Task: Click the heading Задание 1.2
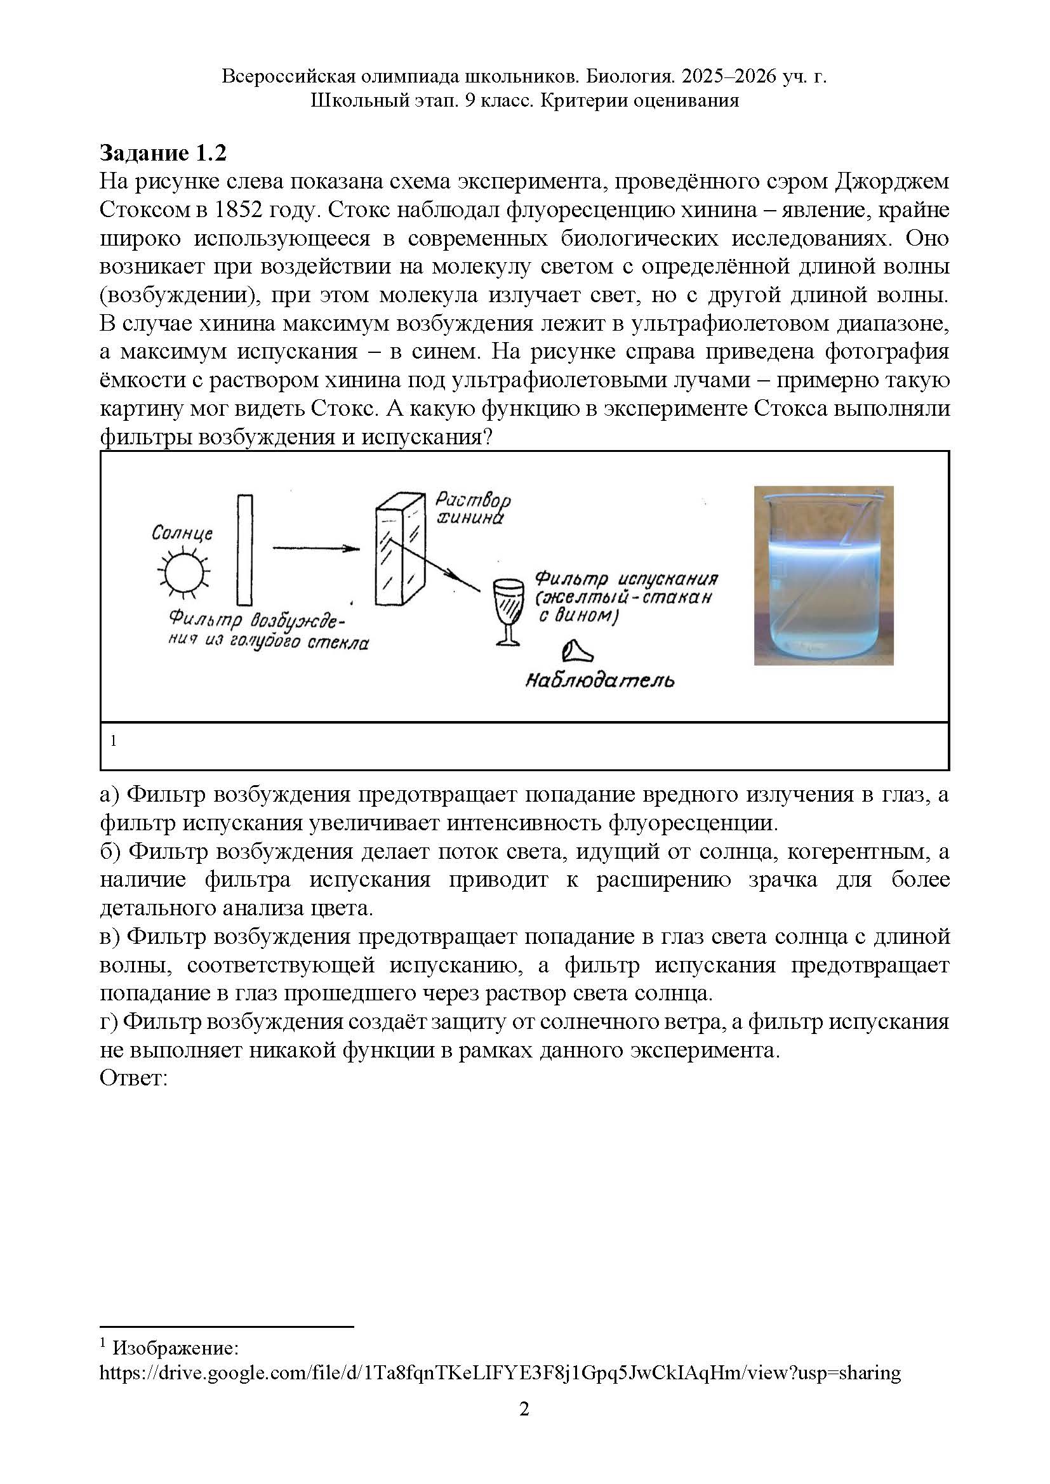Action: pyautogui.click(x=163, y=153)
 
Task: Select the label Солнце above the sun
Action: pyautogui.click(x=182, y=533)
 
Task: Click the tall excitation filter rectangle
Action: pyautogui.click(x=245, y=550)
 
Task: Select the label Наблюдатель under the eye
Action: pyautogui.click(x=599, y=680)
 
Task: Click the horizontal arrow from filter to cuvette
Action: pyautogui.click(x=316, y=549)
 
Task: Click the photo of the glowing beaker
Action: pyautogui.click(x=823, y=575)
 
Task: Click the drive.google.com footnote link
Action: pyautogui.click(x=500, y=1373)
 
